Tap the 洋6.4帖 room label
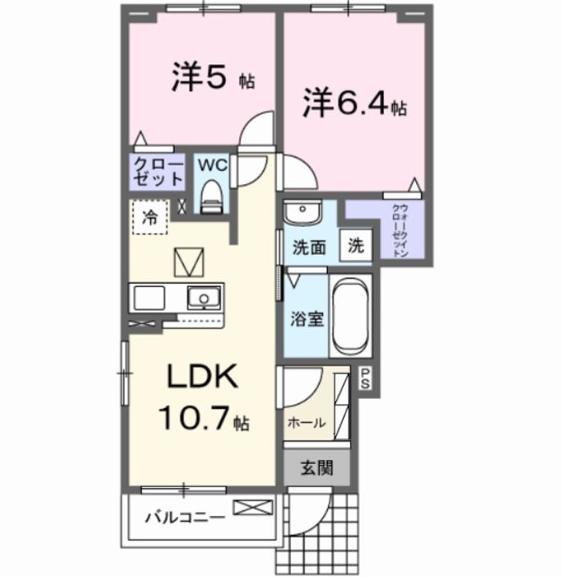[x=354, y=103]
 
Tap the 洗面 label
[x=308, y=248]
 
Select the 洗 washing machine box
[x=354, y=247]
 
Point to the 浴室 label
[x=306, y=318]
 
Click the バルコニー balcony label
[x=184, y=518]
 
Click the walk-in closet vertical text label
[x=398, y=231]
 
